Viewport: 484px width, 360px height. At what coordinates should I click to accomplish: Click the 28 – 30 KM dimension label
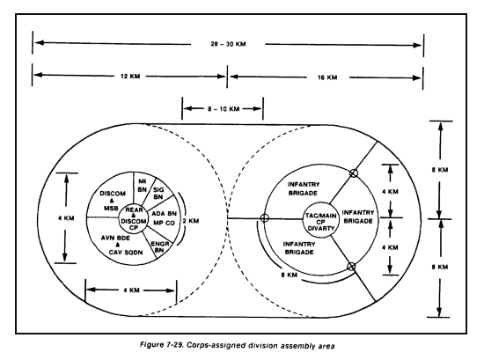tap(228, 44)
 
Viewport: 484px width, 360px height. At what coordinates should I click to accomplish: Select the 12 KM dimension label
tap(130, 76)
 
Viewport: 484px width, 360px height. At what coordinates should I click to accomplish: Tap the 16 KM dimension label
tap(327, 77)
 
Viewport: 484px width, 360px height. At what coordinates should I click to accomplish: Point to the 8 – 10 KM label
tap(224, 108)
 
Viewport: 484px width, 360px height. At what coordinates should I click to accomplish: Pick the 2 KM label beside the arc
tap(191, 221)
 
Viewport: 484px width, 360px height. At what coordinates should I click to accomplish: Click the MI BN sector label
tap(142, 185)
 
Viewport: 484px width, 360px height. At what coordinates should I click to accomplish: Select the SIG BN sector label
tap(158, 193)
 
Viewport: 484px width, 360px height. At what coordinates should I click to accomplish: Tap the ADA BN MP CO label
tap(164, 218)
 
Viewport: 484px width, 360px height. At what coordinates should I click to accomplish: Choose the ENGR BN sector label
tap(160, 246)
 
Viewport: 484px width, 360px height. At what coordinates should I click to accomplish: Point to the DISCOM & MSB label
tap(113, 201)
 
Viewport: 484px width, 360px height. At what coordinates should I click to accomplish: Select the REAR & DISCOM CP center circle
tap(134, 218)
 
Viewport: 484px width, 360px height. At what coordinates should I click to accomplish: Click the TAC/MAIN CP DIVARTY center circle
tap(320, 220)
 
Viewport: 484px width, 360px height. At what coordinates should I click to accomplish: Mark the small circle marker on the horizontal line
tap(264, 218)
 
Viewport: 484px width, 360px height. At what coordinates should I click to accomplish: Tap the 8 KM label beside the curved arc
tap(290, 275)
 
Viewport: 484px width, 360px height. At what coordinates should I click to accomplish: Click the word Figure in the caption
tap(151, 344)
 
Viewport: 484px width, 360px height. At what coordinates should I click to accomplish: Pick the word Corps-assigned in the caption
tap(210, 345)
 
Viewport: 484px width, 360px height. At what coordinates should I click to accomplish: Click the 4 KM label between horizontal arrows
tap(131, 290)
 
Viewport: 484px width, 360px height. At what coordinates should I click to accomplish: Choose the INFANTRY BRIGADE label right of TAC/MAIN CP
tap(358, 217)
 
